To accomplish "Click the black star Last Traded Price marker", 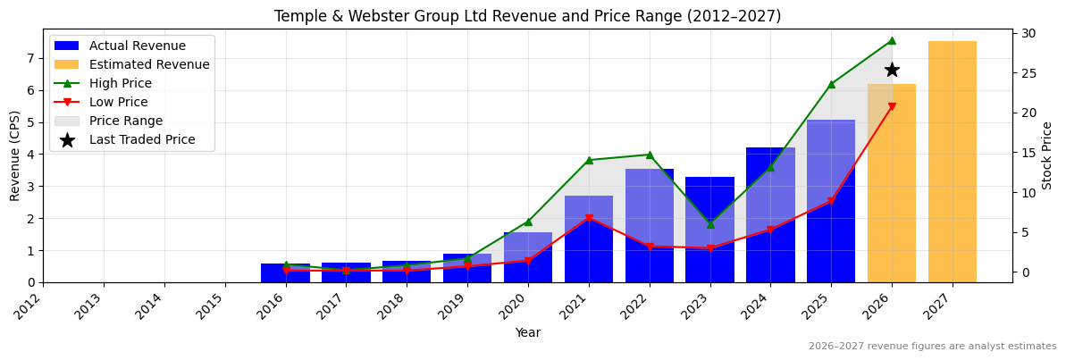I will pyautogui.click(x=892, y=70).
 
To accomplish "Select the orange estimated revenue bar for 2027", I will pyautogui.click(x=952, y=161).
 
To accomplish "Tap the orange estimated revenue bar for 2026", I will pyautogui.click(x=892, y=197).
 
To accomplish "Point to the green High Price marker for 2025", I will pyautogui.click(x=831, y=84).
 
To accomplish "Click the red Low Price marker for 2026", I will pyautogui.click(x=892, y=107).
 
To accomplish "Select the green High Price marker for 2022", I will pyautogui.click(x=650, y=155).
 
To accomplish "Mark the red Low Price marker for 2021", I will pyautogui.click(x=589, y=218).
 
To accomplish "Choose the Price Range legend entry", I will pyautogui.click(x=125, y=121).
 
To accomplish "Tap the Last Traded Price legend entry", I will pyautogui.click(x=141, y=139).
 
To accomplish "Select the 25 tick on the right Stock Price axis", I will pyautogui.click(x=1028, y=73).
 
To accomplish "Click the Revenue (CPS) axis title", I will pyautogui.click(x=15, y=155).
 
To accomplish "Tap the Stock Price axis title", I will pyautogui.click(x=1048, y=155).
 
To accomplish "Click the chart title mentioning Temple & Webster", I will pyautogui.click(x=527, y=16).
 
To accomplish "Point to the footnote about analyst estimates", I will pyautogui.click(x=932, y=347).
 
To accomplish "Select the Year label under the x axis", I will pyautogui.click(x=527, y=333).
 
